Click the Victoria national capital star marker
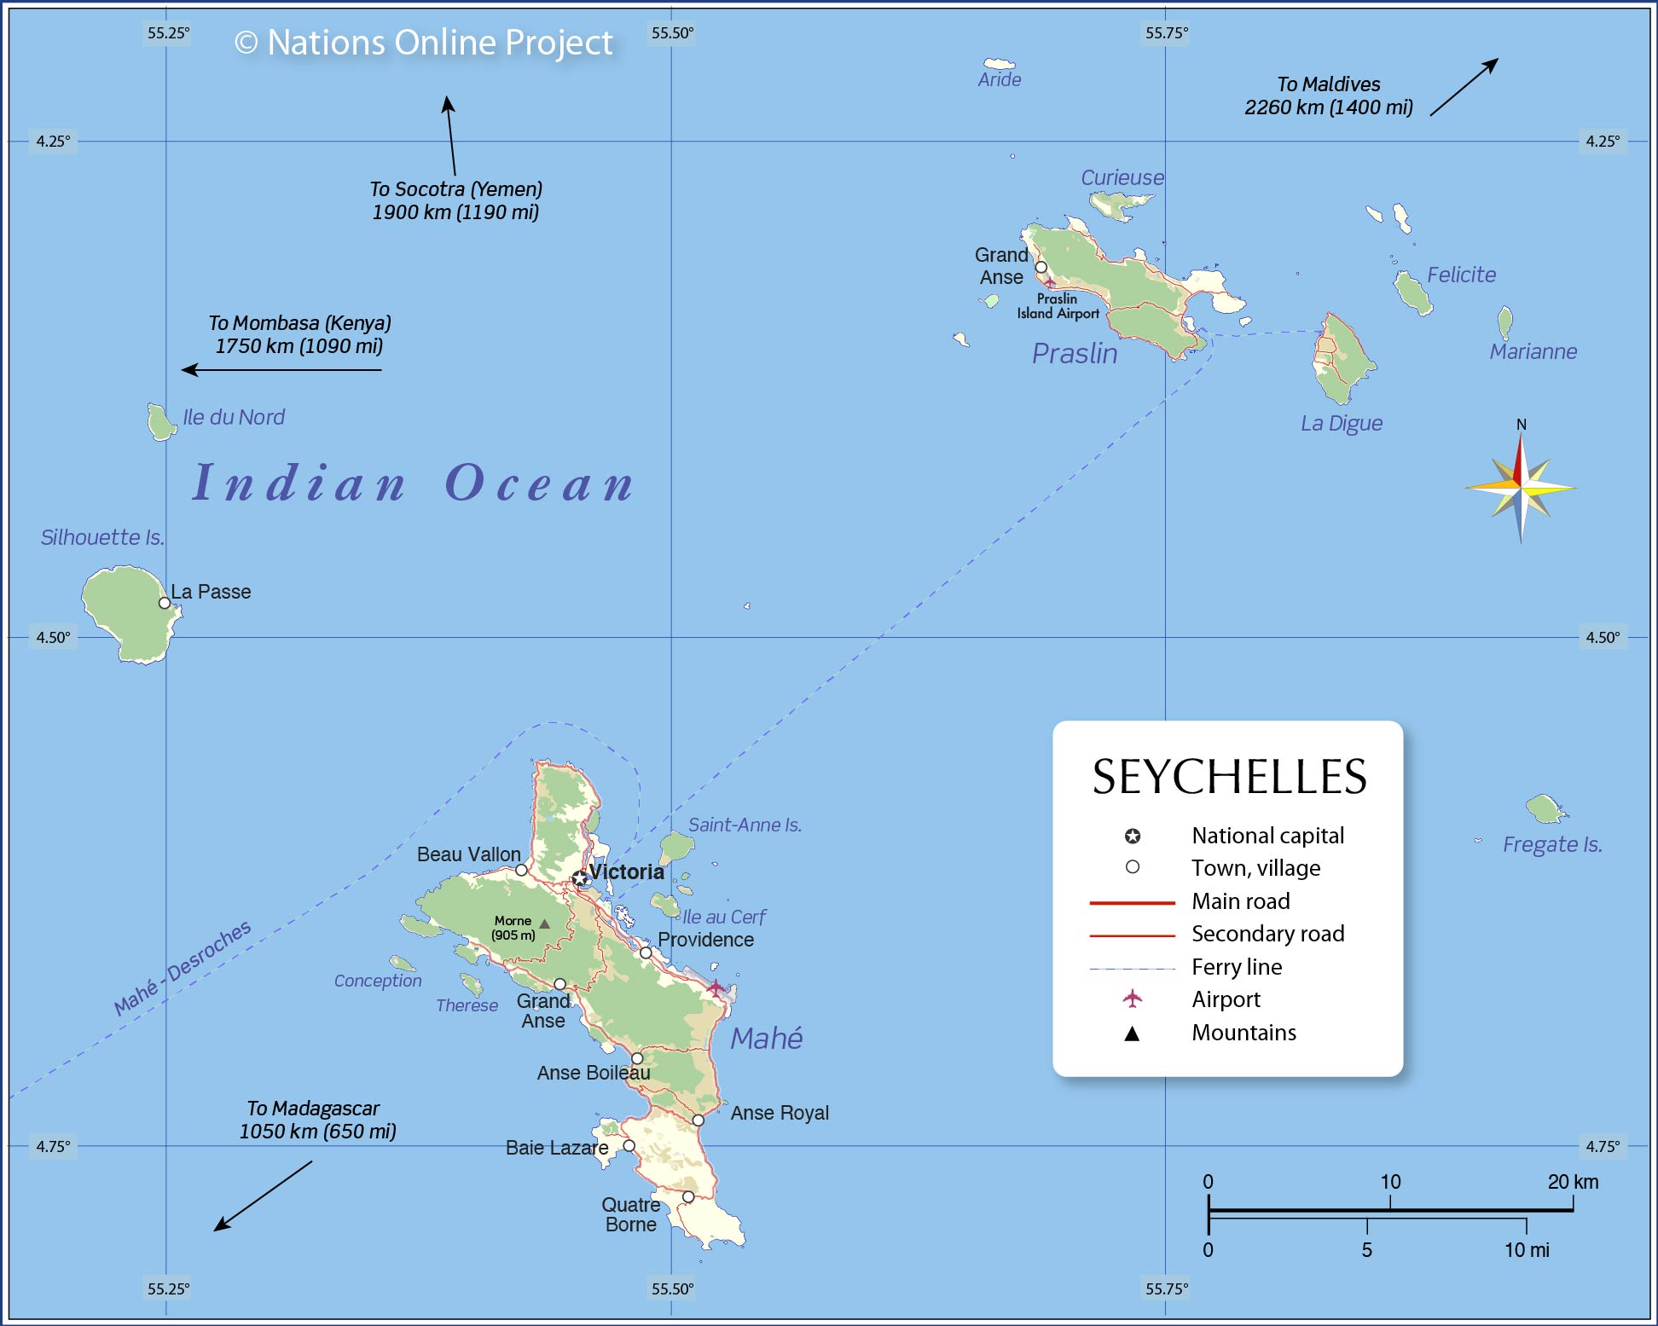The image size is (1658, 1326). pos(580,877)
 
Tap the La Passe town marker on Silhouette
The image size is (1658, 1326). pos(165,603)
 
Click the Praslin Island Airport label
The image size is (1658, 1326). pos(1058,306)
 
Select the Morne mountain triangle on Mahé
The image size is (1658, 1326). pos(544,924)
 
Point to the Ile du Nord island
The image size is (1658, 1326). pos(159,421)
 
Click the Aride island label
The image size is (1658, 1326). pos(999,79)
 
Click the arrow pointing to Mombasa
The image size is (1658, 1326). pos(281,370)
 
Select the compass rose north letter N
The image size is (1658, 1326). pos(1521,425)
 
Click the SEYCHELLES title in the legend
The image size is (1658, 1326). pos(1229,777)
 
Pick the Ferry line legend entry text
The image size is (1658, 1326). pos(1237,967)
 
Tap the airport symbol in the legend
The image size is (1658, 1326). pos(1132,999)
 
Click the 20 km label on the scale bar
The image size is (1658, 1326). pos(1573,1182)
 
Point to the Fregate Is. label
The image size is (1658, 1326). pos(1552,844)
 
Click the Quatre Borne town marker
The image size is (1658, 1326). pos(687,1197)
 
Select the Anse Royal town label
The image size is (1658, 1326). pos(780,1113)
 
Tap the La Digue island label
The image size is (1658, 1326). pos(1341,423)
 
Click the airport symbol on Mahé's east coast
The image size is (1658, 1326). pos(716,987)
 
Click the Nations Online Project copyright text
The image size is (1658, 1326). pos(424,43)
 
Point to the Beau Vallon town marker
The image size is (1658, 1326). pos(521,870)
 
